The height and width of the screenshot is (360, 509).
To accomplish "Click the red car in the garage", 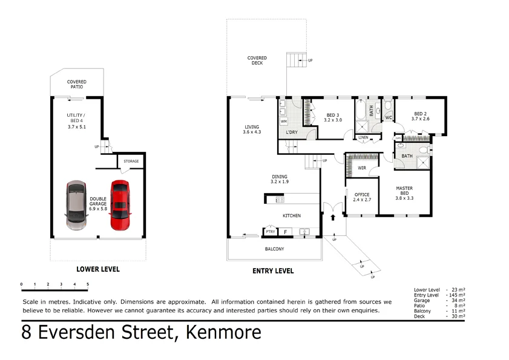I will [x=119, y=206].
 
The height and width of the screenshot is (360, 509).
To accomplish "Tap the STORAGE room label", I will [x=131, y=162].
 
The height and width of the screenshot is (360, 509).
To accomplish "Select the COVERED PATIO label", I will [x=76, y=84].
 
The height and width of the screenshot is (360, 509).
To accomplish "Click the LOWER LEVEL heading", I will [x=97, y=269].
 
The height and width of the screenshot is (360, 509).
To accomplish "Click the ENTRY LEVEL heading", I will [x=273, y=271].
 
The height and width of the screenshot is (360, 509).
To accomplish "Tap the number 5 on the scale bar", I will [x=88, y=284].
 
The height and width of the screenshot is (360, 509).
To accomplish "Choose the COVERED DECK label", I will [x=257, y=61].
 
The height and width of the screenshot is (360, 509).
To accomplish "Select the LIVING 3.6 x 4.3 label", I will [x=251, y=129].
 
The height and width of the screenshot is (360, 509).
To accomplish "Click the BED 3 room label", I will [x=333, y=117].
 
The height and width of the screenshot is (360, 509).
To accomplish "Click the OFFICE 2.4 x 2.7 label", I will [x=362, y=197].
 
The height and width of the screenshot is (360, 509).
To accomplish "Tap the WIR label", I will [x=363, y=168].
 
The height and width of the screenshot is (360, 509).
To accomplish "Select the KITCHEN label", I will [x=292, y=215].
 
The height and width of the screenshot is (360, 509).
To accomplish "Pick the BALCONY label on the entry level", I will [x=274, y=249].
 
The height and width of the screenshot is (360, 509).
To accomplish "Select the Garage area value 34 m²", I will [x=458, y=300].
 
